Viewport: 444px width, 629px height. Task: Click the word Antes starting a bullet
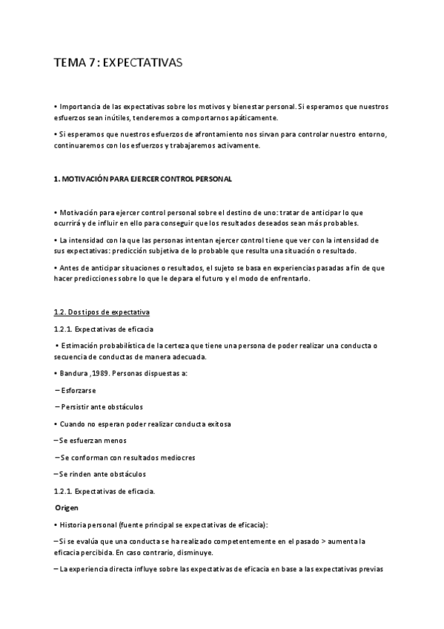point(70,268)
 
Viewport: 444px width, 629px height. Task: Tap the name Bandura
point(75,373)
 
